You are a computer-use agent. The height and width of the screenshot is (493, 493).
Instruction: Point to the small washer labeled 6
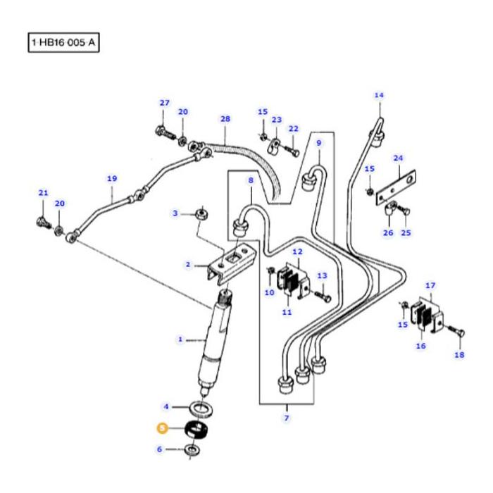[x=191, y=450]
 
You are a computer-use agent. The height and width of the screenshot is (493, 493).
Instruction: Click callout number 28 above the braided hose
[x=225, y=119]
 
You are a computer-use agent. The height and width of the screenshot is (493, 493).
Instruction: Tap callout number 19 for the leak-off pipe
[x=112, y=179]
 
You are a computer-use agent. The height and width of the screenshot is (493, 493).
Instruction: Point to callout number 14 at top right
[x=380, y=95]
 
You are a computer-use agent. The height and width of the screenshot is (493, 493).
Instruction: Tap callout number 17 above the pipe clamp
[x=431, y=286]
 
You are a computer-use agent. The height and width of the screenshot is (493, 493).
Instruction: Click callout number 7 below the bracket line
[x=287, y=418]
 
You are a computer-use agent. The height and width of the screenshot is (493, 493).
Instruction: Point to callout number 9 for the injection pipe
[x=318, y=143]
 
